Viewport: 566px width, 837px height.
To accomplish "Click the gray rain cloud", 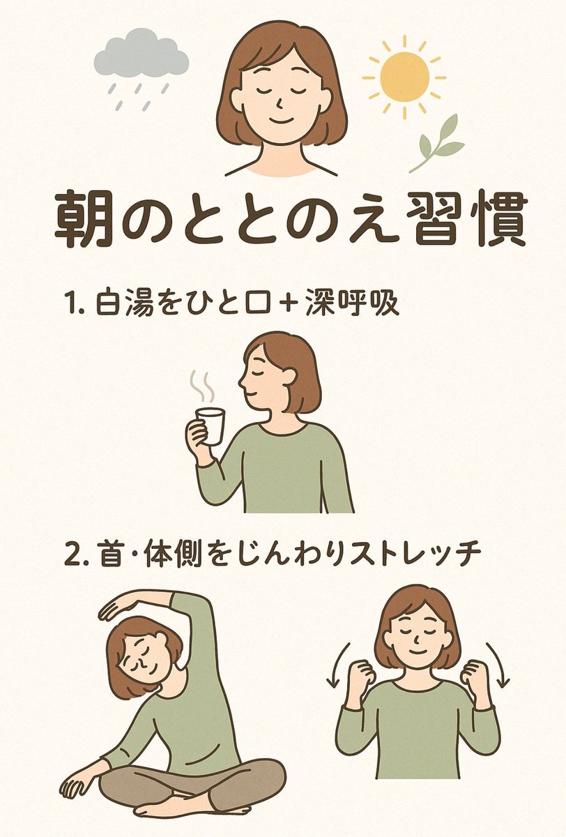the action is (141, 56).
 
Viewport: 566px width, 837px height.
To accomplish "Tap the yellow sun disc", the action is (405, 77).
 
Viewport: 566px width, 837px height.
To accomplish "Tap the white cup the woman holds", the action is (211, 425).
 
